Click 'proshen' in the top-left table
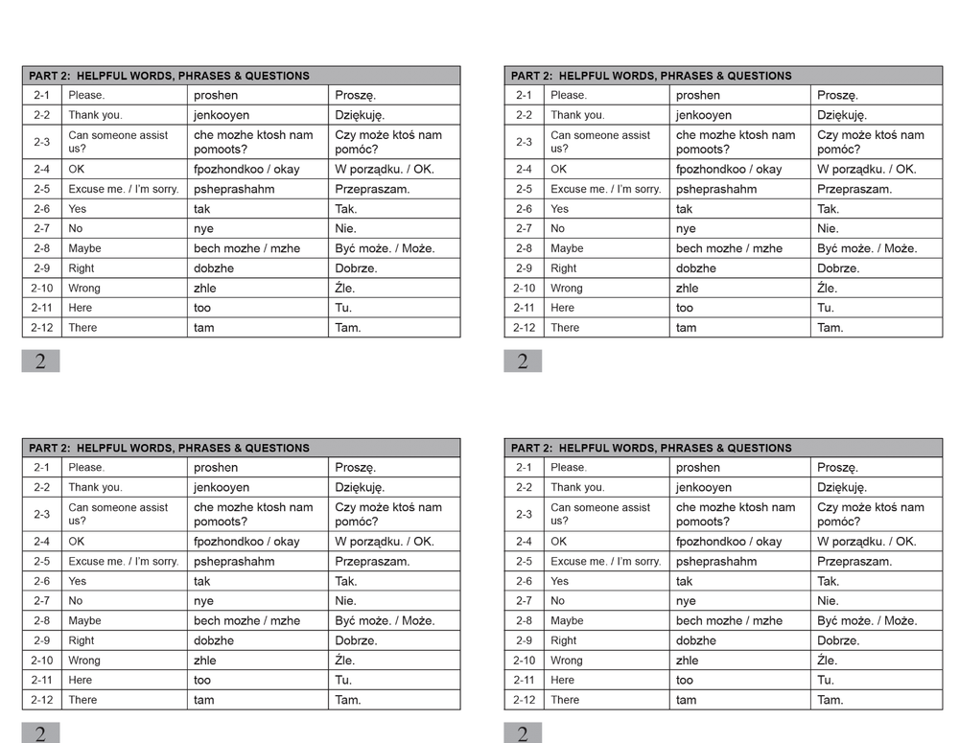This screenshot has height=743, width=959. (216, 95)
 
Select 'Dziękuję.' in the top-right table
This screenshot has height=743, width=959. (842, 115)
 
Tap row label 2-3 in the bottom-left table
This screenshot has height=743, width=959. (41, 514)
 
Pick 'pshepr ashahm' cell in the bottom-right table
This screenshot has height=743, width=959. (716, 562)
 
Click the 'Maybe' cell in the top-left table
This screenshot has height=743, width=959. (84, 248)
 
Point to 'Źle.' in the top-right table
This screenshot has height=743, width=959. (828, 288)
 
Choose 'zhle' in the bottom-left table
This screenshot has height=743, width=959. (205, 661)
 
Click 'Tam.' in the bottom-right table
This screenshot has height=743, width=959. (830, 700)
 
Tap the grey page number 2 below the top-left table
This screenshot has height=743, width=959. (40, 361)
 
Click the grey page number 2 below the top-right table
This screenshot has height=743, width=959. (523, 361)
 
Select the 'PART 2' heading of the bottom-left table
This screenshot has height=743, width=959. (169, 448)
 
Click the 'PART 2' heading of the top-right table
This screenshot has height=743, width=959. (651, 76)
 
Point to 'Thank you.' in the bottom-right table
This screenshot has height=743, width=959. (577, 487)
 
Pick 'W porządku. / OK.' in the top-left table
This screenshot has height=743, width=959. (385, 170)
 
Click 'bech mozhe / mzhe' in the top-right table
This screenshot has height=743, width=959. (729, 248)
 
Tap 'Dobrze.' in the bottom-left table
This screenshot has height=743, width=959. (356, 640)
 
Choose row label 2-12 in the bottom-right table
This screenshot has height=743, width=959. (524, 700)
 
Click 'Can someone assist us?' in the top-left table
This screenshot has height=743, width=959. (118, 142)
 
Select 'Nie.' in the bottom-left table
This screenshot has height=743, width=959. (345, 601)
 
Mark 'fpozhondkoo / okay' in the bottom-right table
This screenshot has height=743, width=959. (729, 542)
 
